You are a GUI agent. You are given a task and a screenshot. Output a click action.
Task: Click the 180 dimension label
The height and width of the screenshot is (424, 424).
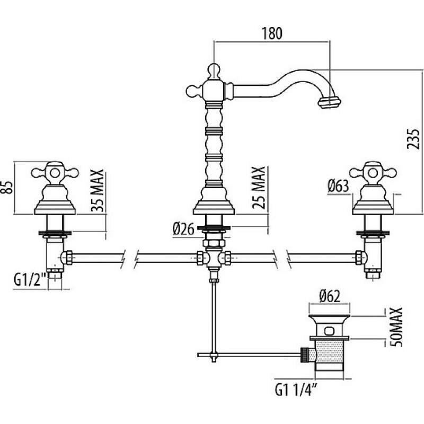click(272, 33)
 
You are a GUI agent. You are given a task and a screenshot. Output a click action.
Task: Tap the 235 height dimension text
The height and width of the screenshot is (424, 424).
click(413, 139)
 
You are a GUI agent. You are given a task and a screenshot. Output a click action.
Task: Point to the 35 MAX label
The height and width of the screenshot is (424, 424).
click(97, 190)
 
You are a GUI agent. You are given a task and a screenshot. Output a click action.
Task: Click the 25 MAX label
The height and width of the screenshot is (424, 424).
click(259, 188)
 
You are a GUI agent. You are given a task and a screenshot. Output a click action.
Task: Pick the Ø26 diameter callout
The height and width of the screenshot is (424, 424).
click(183, 229)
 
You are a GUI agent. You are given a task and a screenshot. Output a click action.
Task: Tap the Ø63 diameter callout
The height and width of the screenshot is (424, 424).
click(338, 187)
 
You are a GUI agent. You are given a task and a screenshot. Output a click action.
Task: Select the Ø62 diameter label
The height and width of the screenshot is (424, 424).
click(329, 297)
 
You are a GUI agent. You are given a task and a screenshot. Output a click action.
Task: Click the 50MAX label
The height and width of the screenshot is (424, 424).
click(396, 327)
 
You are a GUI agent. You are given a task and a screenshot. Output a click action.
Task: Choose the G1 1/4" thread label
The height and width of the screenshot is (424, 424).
click(296, 390)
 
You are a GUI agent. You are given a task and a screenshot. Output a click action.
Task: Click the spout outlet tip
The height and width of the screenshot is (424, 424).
click(329, 103)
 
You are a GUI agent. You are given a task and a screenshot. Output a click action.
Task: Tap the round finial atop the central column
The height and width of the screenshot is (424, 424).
click(214, 69)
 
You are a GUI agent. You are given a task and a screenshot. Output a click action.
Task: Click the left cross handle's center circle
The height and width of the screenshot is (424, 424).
click(55, 173)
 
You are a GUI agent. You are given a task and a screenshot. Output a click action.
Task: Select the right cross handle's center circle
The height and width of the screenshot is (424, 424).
click(373, 173)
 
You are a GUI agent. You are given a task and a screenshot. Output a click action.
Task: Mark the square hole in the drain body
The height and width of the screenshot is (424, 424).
click(329, 330)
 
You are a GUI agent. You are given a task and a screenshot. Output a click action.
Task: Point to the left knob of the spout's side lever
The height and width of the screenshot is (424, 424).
click(192, 91)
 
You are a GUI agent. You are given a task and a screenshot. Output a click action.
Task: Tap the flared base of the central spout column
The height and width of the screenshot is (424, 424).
click(214, 207)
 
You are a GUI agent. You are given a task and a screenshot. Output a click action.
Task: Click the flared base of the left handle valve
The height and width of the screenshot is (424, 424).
click(55, 207)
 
